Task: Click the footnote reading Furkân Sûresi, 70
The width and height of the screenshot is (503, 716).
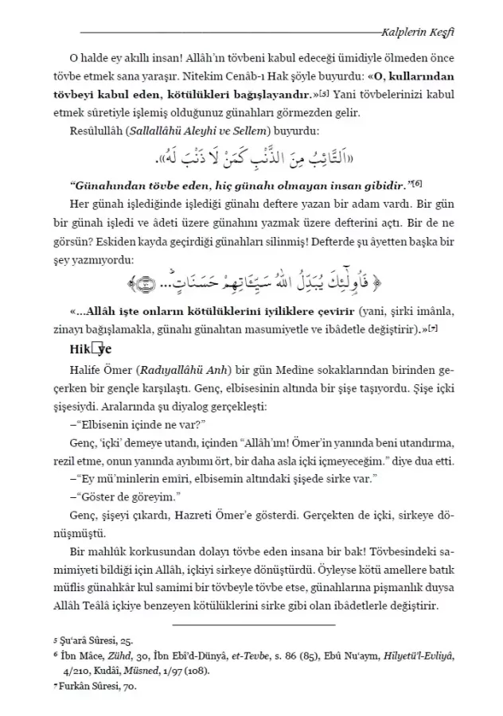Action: pyautogui.click(x=103, y=682)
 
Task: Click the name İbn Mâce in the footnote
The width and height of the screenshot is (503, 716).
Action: pyautogui.click(x=92, y=653)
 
